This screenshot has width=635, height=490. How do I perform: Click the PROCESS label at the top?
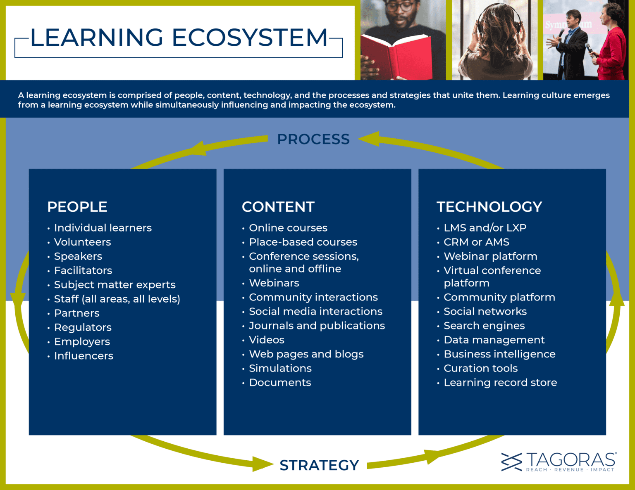(313, 139)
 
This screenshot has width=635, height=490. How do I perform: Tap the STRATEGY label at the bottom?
(319, 465)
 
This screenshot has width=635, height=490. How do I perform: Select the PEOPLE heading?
(77, 206)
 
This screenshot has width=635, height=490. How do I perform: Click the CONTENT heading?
(278, 206)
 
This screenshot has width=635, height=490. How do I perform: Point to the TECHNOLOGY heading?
(489, 206)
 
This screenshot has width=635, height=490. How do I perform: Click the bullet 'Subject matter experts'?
(115, 284)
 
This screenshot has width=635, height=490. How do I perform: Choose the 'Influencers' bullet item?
(84, 355)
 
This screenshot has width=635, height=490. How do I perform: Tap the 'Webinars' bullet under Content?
(274, 283)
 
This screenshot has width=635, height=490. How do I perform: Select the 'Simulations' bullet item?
(280, 368)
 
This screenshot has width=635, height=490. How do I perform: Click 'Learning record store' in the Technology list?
(500, 382)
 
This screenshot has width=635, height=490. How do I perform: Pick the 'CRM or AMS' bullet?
(476, 241)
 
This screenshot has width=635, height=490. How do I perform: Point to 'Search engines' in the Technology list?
(484, 325)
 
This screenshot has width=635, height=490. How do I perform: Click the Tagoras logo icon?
(512, 462)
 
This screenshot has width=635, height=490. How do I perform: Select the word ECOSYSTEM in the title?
(250, 38)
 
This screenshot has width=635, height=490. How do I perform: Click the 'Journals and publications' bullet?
(317, 325)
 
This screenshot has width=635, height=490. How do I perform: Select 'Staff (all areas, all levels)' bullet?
(117, 298)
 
